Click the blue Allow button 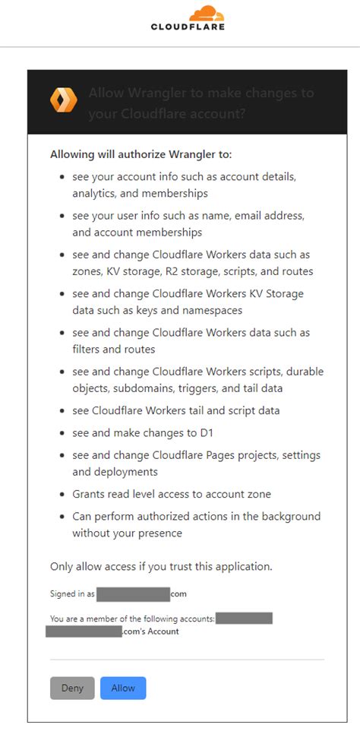(x=123, y=688)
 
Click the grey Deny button (x=72, y=688)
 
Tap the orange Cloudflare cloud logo (x=206, y=13)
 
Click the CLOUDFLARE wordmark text (x=188, y=27)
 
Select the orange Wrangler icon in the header (x=63, y=100)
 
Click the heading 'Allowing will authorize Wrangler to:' (x=141, y=154)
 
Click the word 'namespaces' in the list (x=215, y=310)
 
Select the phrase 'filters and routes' (x=114, y=349)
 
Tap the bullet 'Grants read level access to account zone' (x=172, y=494)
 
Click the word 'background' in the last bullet (x=289, y=516)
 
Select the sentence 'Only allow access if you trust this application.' (x=161, y=566)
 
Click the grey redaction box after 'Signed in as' (x=133, y=594)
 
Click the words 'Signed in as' (x=72, y=594)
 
